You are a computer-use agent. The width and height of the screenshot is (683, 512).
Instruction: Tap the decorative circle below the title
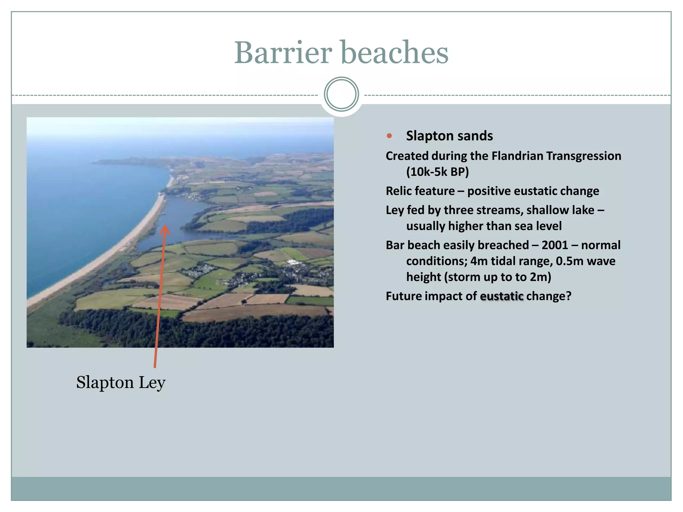[341, 94]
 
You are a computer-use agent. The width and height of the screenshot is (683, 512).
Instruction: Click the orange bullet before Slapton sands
[389, 136]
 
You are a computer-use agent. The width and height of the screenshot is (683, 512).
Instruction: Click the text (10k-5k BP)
[437, 172]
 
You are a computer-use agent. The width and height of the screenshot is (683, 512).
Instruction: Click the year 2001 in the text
[555, 245]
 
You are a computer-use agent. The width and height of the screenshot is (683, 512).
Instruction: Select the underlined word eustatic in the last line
[502, 296]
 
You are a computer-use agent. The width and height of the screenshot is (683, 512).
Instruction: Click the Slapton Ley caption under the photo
[121, 383]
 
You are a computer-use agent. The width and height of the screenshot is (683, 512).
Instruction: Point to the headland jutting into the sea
[110, 162]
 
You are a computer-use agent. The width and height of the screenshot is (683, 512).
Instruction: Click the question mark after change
[568, 296]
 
